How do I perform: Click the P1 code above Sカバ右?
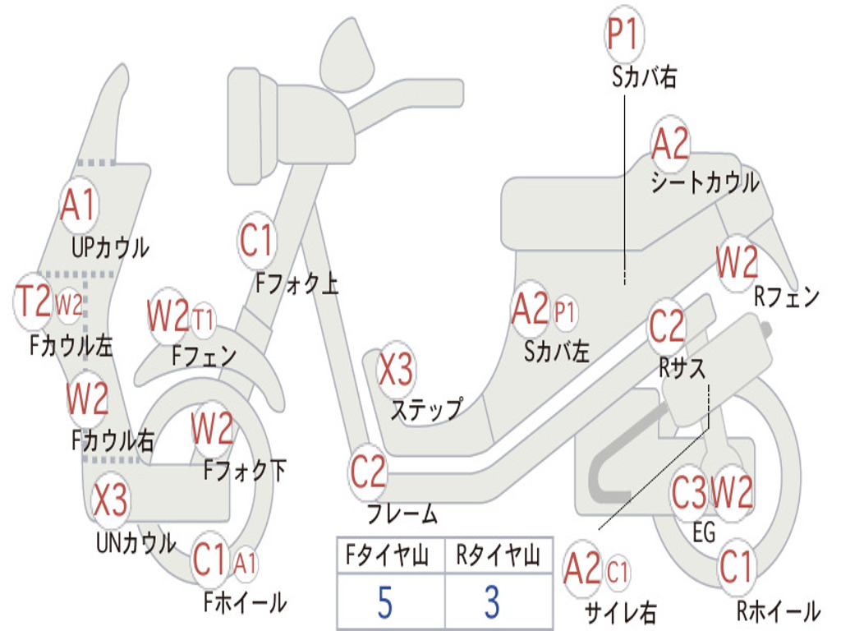pos(624,35)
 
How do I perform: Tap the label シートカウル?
pos(705,182)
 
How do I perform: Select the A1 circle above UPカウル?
pos(79,205)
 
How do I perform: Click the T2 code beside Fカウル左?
pos(33,302)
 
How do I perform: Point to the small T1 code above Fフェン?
pos(203,320)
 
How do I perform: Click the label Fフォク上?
pos(296,283)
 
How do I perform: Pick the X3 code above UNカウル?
pos(111,499)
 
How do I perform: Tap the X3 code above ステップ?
pos(397,369)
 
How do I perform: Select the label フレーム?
pos(402,514)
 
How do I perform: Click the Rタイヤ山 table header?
pos(499,555)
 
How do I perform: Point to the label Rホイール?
pos(779,610)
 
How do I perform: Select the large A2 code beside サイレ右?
pos(582,569)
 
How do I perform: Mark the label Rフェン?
pos(787,296)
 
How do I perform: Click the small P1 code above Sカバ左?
pos(565,311)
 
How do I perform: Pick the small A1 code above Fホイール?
pos(245,564)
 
